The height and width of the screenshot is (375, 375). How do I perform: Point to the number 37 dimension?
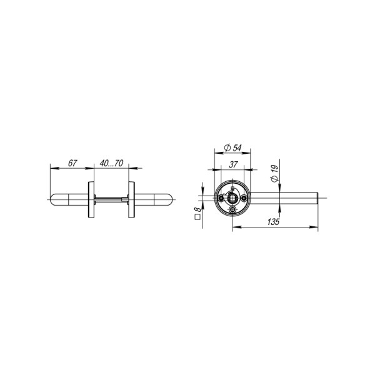232,164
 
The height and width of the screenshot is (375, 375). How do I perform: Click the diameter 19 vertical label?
274,173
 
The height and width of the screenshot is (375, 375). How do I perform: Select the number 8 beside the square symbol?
197,211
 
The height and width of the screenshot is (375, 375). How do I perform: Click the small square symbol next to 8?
197,218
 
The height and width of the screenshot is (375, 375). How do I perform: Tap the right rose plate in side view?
132,200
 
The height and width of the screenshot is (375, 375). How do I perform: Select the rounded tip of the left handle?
52,200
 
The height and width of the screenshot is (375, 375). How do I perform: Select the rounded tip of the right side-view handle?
172,200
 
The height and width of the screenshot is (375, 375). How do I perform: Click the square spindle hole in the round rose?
232,199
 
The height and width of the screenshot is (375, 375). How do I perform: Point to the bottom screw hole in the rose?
232,211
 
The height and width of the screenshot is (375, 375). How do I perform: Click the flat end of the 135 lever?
319,199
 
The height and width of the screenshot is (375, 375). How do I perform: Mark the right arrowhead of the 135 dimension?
317,227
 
